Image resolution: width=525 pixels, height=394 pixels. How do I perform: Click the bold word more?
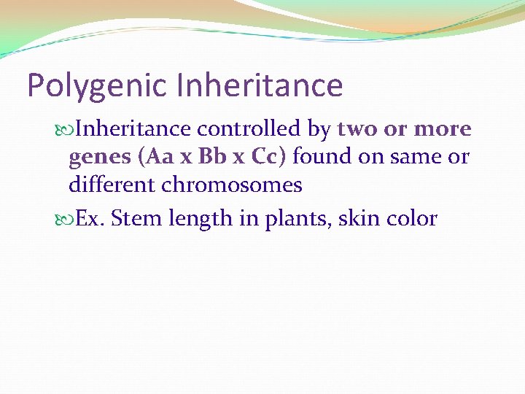tap(443, 129)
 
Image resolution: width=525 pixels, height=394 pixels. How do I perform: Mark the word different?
tap(112, 185)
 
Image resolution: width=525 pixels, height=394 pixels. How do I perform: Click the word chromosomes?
tap(232, 185)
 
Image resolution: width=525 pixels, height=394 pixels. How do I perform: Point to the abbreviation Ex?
tap(90, 218)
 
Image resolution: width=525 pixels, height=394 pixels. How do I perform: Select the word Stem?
tap(135, 218)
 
